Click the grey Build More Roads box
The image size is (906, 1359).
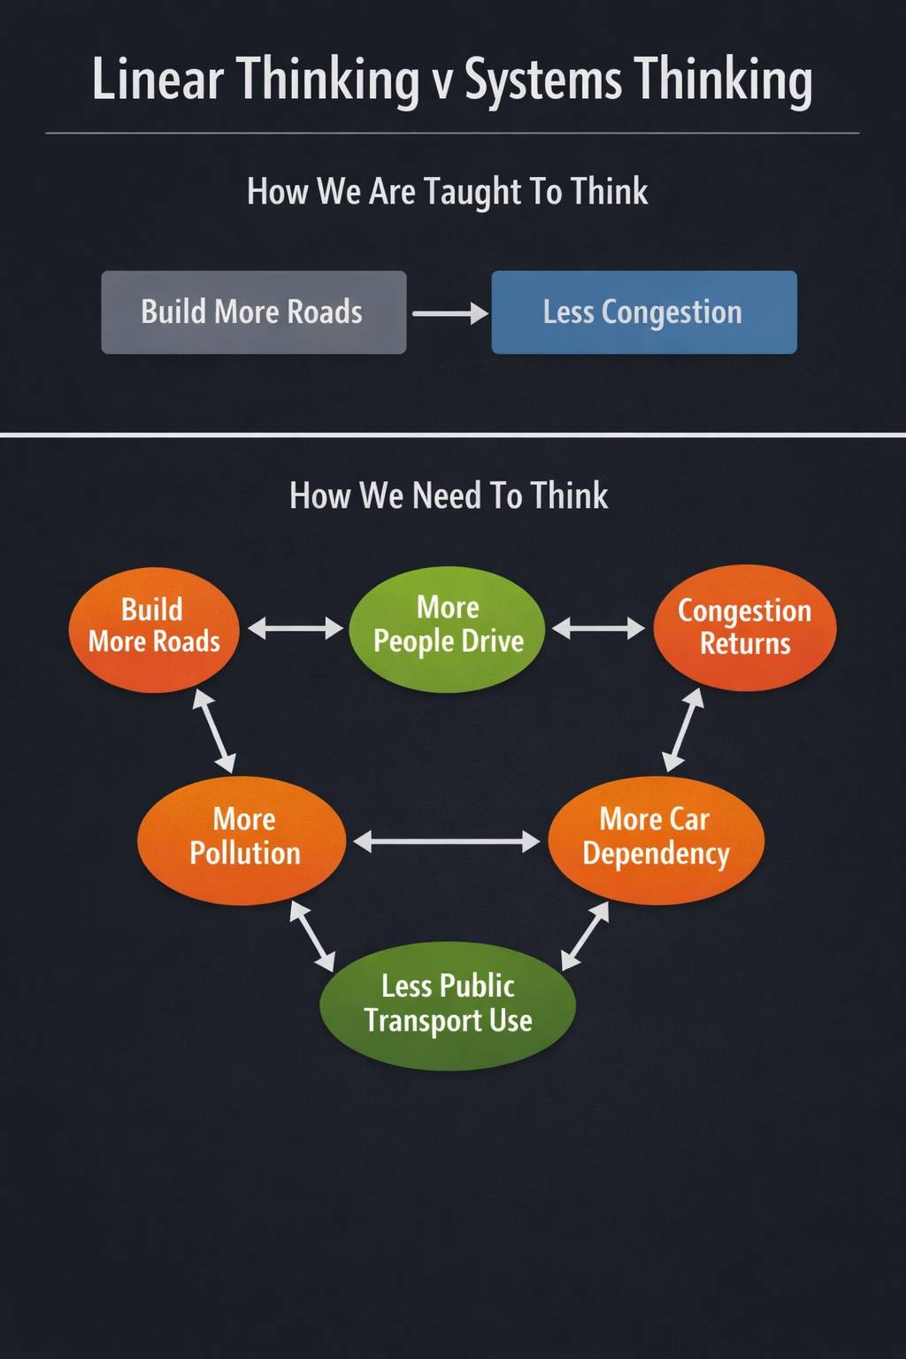253,312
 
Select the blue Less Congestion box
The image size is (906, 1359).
643,312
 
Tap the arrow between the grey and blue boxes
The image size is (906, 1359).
449,313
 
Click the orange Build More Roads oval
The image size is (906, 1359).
154,628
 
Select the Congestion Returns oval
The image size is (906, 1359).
744,627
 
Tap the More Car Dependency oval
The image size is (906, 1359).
656,839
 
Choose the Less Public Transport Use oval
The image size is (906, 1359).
448,1005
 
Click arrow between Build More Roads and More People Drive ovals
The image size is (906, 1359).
295,628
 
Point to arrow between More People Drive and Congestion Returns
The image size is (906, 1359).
598,629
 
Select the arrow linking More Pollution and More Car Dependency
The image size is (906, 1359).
447,841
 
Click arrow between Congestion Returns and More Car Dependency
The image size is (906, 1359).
683,730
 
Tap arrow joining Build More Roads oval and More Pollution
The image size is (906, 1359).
214,732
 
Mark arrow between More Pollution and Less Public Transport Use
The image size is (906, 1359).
312,936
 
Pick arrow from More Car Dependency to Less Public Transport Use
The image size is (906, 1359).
586,935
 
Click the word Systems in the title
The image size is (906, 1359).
543,81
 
